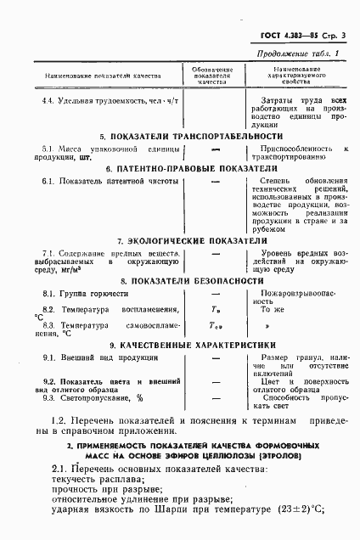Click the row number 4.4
tap(52, 99)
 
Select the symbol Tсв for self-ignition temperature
tap(215, 325)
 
